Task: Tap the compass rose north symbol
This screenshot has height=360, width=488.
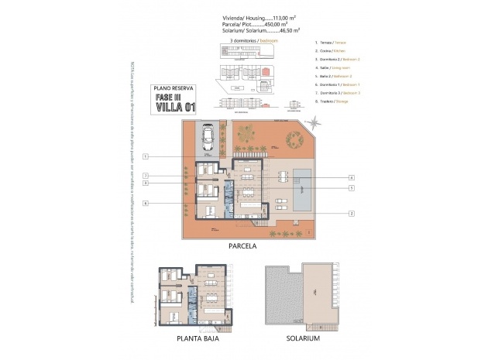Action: (x=314, y=122)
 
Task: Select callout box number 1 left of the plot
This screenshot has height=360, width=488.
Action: (x=146, y=156)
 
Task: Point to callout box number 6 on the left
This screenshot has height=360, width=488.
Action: (x=146, y=203)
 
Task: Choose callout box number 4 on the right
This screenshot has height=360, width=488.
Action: (x=351, y=177)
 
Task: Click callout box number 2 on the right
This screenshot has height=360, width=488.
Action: (x=351, y=213)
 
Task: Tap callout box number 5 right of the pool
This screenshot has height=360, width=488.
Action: (x=351, y=187)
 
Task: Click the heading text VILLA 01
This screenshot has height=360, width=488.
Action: (x=175, y=108)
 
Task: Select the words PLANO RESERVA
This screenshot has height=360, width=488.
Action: (x=175, y=87)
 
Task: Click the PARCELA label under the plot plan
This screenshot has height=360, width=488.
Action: (x=242, y=246)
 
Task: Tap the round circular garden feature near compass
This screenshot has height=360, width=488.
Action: (x=294, y=141)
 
